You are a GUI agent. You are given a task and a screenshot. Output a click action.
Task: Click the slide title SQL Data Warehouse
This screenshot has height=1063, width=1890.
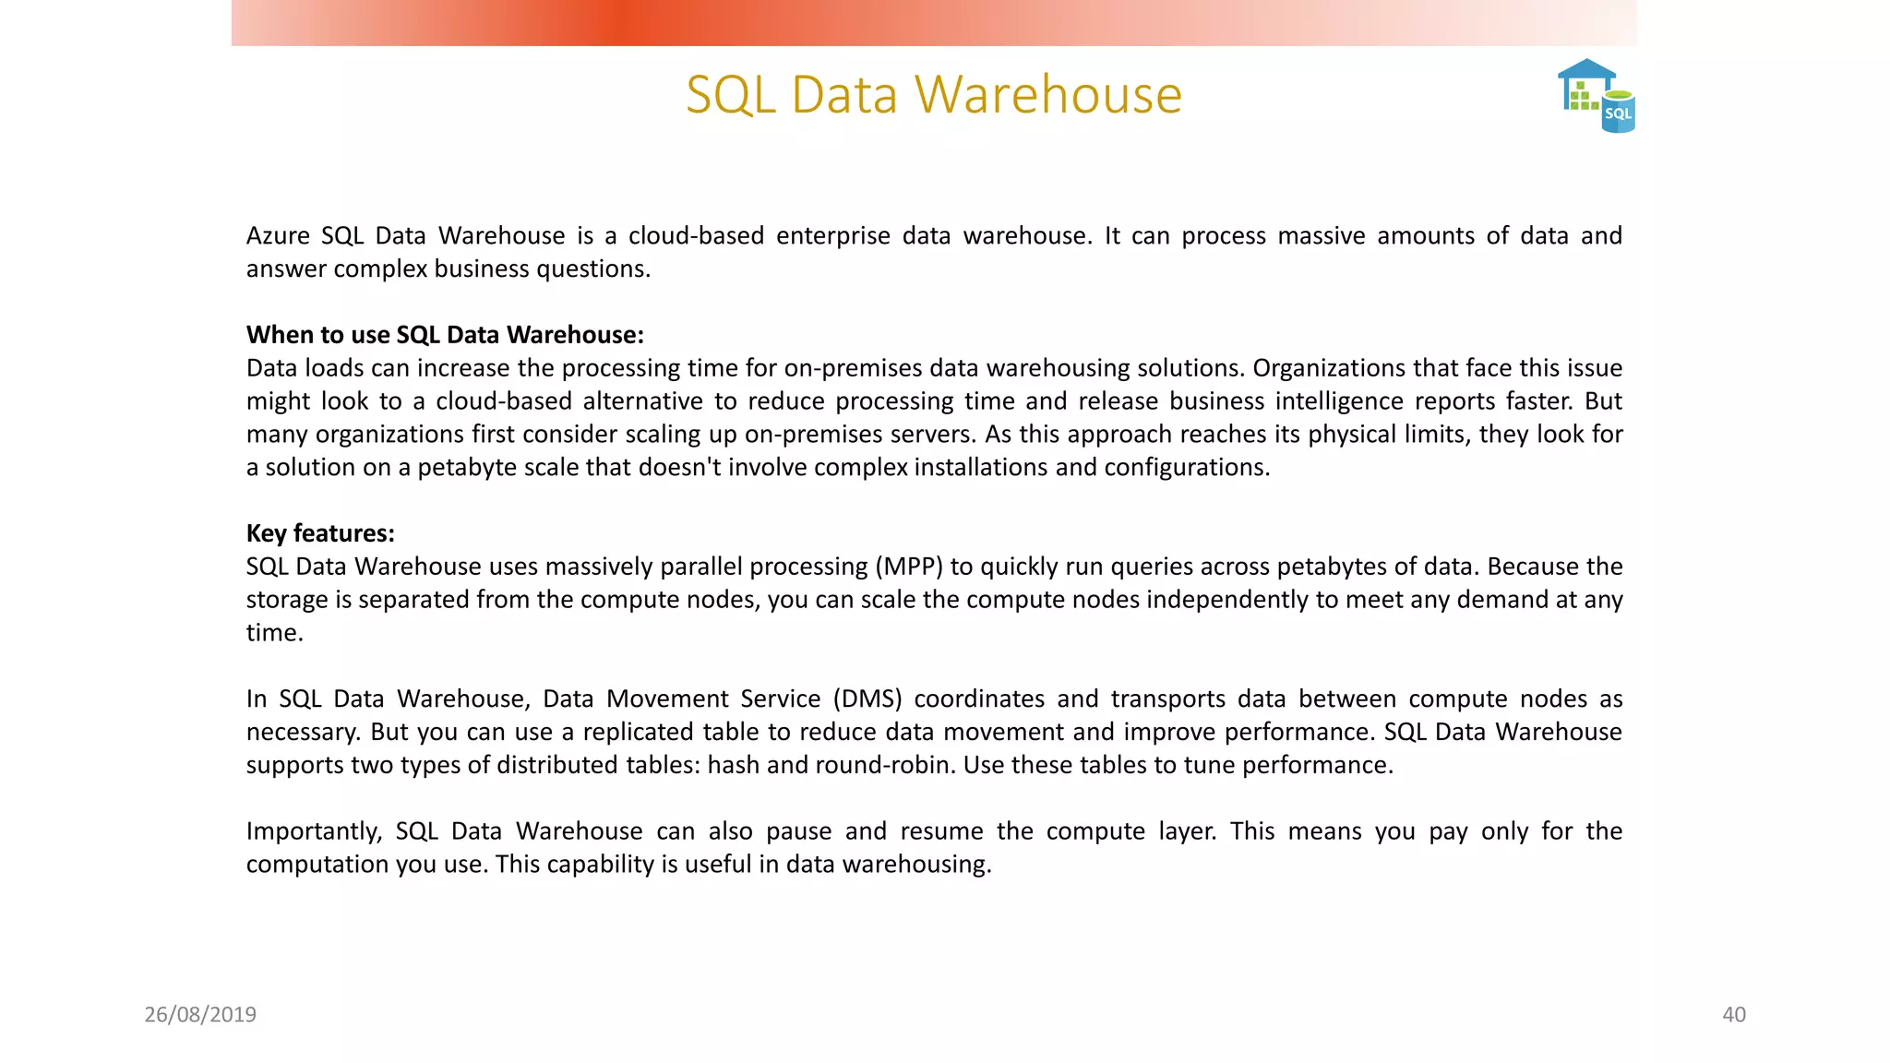point(934,95)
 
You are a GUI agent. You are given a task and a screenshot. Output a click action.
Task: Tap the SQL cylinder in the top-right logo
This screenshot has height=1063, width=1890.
point(1619,113)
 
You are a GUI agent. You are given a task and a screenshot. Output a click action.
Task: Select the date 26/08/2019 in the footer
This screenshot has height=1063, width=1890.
point(200,1015)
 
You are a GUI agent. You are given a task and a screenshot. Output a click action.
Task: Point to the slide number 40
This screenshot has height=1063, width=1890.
point(1734,1015)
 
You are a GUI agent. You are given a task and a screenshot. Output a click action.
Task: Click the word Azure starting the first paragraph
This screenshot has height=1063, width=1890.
point(278,236)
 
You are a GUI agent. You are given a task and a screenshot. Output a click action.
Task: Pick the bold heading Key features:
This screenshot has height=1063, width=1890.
point(320,533)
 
